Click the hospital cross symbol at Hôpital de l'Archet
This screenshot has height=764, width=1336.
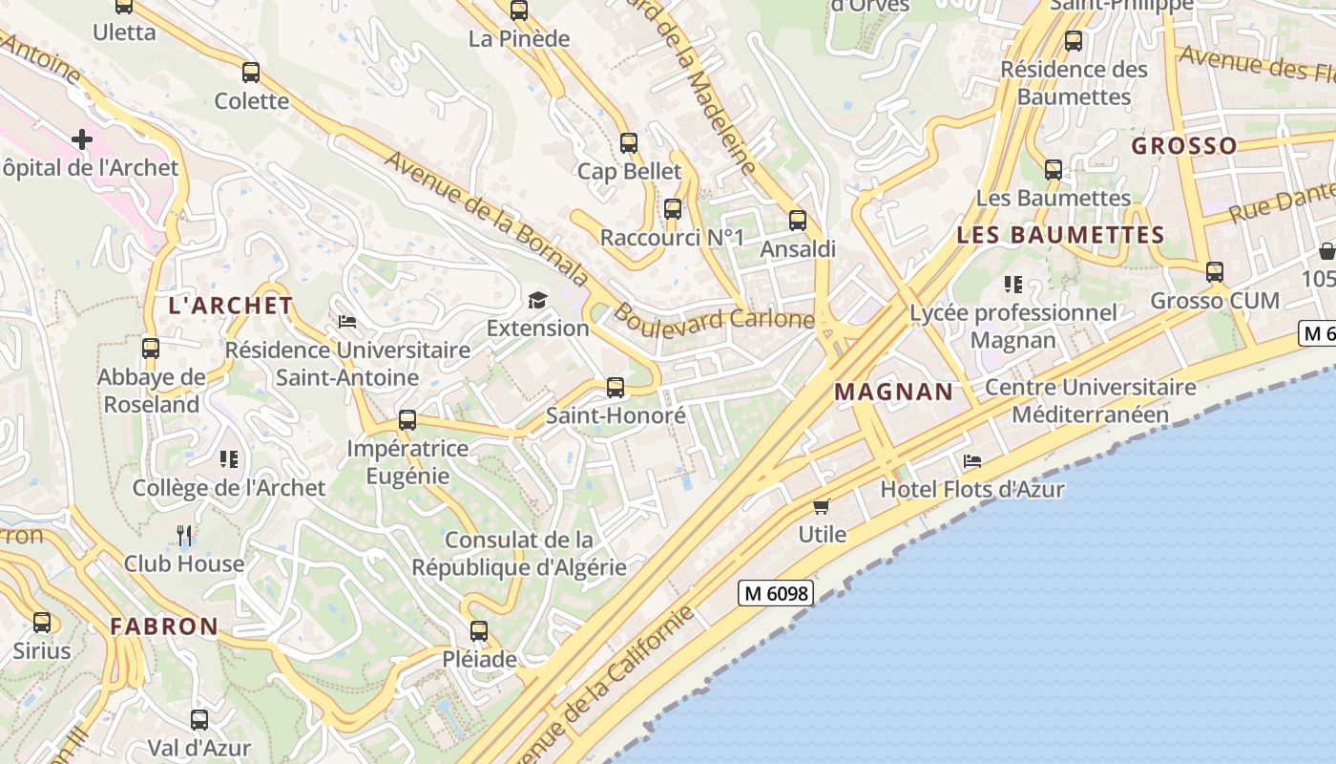pyautogui.click(x=82, y=139)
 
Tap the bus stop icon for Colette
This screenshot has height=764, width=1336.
pyautogui.click(x=251, y=72)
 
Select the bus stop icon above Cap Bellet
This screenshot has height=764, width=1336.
pyautogui.click(x=628, y=143)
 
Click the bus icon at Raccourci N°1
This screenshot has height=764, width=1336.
pyautogui.click(x=673, y=209)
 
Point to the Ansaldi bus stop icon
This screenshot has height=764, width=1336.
pyautogui.click(x=798, y=221)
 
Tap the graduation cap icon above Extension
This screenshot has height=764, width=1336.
pyautogui.click(x=538, y=301)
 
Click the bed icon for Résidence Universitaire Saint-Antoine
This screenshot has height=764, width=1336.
pyautogui.click(x=347, y=322)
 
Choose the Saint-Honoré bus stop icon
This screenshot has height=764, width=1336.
pyautogui.click(x=616, y=387)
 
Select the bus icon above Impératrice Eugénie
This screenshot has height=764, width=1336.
pyautogui.click(x=407, y=419)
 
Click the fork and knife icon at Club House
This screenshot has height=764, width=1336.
pyautogui.click(x=184, y=535)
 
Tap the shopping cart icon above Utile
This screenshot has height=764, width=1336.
pyautogui.click(x=822, y=505)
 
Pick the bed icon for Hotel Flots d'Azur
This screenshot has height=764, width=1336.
pyautogui.click(x=972, y=461)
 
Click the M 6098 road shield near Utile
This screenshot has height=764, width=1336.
pyautogui.click(x=776, y=593)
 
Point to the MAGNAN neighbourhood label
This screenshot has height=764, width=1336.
pyautogui.click(x=893, y=392)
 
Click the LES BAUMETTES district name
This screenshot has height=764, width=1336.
pyautogui.click(x=1060, y=235)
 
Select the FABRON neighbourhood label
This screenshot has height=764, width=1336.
pyautogui.click(x=164, y=626)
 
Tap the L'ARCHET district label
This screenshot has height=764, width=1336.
pyautogui.click(x=230, y=306)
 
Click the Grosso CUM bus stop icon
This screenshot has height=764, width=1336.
pyautogui.click(x=1215, y=272)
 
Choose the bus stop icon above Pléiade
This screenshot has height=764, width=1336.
pyautogui.click(x=479, y=630)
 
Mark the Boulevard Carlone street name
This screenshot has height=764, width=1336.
pyautogui.click(x=714, y=317)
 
